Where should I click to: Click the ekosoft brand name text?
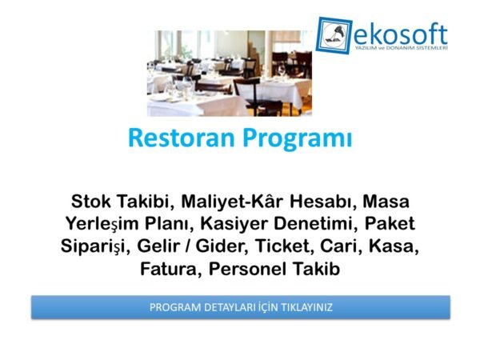[401, 33]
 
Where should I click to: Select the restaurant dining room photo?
[229, 73]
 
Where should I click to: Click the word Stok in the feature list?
[94, 199]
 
